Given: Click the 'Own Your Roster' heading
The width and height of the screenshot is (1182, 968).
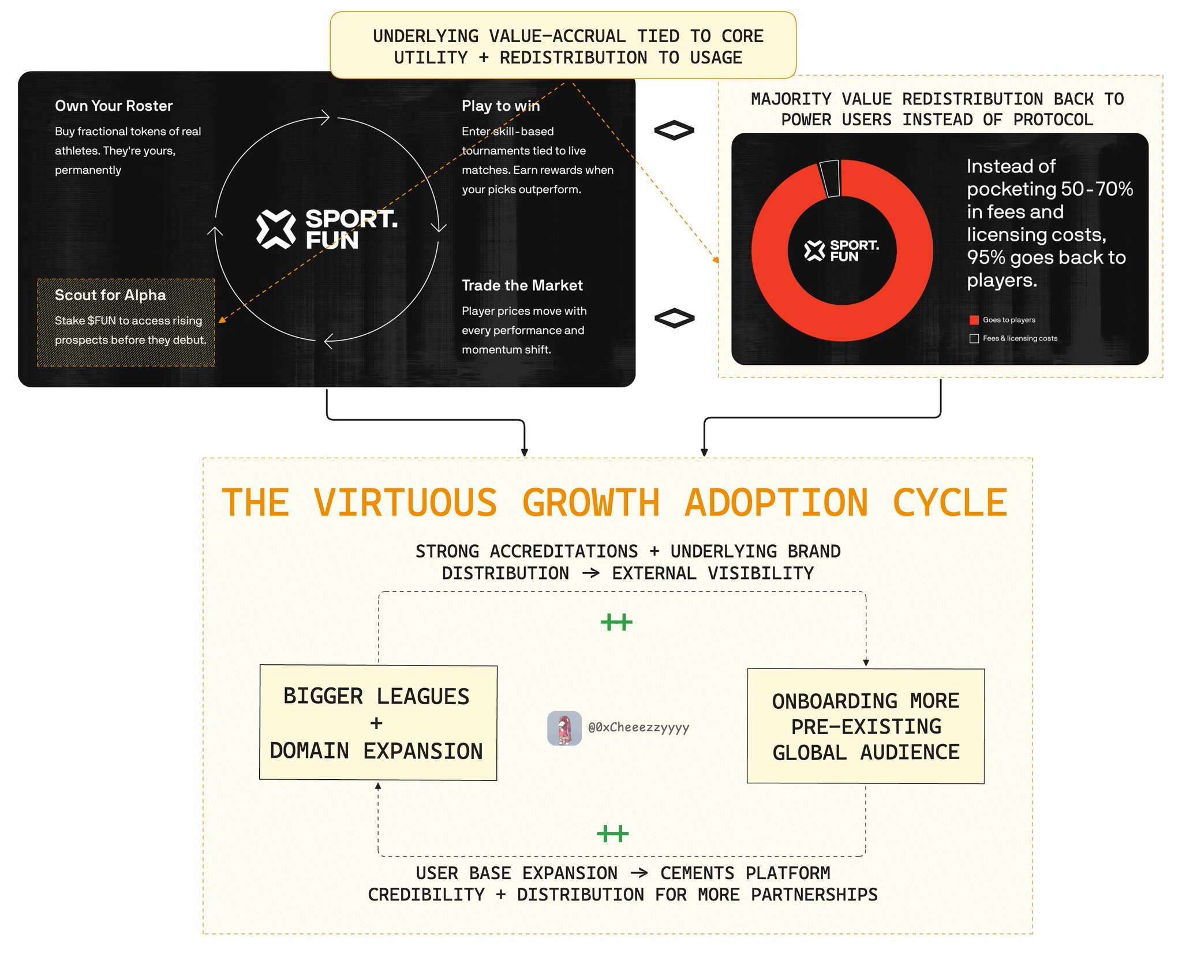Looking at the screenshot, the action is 114,106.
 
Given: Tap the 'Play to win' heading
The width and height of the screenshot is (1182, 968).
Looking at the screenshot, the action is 500,106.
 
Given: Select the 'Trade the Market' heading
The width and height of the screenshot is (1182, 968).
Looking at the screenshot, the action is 522,285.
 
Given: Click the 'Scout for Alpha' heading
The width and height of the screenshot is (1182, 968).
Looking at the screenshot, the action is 110,295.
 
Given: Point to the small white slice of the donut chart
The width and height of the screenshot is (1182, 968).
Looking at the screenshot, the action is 830,178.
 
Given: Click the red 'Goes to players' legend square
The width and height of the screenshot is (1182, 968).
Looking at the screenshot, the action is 974,320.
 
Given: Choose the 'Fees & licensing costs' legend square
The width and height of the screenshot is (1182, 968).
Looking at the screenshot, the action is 974,338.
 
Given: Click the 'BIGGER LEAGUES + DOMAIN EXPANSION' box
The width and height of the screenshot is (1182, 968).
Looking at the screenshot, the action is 378,723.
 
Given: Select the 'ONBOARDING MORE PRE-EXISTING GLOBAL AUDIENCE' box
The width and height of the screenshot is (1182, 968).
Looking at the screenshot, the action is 866,726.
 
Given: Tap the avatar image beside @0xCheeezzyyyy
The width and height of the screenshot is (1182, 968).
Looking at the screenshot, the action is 564,728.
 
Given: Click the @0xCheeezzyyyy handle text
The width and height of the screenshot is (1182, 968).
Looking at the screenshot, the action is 638,728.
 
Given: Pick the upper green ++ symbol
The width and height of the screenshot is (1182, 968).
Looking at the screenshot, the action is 616,622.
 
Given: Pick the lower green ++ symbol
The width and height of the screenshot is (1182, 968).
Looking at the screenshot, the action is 612,834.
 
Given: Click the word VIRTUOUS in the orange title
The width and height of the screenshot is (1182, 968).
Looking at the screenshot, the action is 405,503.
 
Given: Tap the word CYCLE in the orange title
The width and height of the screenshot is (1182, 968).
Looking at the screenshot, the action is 949,503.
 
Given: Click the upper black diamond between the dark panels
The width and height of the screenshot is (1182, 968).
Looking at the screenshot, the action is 674,130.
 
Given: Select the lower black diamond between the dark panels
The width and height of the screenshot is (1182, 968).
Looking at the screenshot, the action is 674,318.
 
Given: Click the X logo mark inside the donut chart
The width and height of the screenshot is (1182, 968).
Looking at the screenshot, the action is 814,251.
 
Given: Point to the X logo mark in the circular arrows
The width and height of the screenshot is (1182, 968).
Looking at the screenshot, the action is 276,229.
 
